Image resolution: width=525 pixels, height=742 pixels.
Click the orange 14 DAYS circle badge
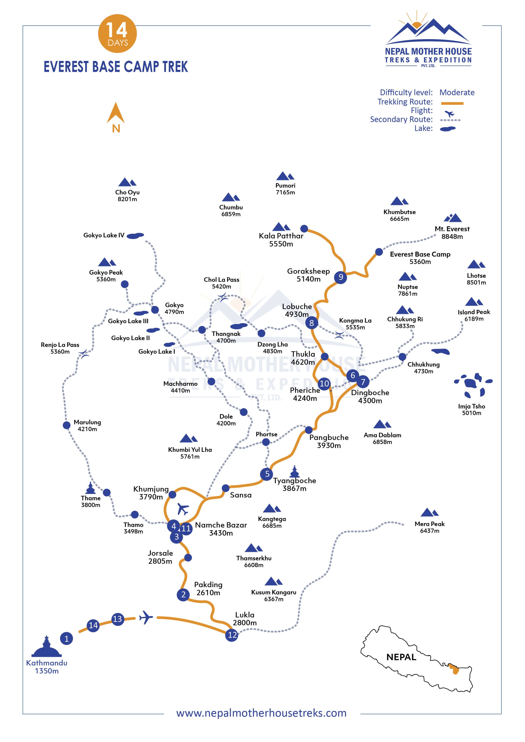tap(117, 34)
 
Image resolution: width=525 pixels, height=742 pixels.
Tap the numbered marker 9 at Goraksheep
tap(340, 277)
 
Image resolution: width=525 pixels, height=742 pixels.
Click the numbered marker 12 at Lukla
tap(232, 635)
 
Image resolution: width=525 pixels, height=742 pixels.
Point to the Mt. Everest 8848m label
tap(452, 232)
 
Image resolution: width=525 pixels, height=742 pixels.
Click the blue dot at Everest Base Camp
tap(379, 252)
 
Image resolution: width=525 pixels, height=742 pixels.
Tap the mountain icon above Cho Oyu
tap(127, 182)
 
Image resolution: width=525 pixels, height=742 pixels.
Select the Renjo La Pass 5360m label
tap(60, 348)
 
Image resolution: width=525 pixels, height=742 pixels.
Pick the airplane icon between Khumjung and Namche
tap(183, 508)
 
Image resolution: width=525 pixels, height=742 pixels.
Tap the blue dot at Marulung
tap(67, 425)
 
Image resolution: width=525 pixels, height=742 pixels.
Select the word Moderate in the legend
tap(457, 92)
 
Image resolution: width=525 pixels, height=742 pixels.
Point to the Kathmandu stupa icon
tap(46, 647)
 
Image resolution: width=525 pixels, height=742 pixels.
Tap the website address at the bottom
tap(261, 713)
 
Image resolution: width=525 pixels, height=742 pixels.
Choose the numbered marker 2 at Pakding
tap(183, 594)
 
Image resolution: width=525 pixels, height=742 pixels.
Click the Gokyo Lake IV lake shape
tap(135, 236)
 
